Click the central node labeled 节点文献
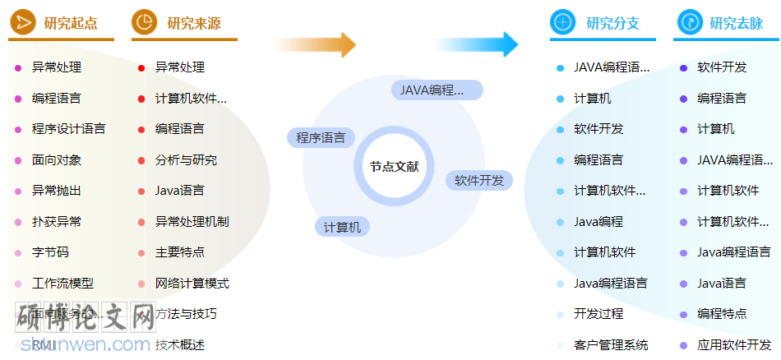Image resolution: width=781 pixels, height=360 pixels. (x=394, y=167)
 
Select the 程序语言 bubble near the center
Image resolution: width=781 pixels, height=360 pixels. (x=321, y=137)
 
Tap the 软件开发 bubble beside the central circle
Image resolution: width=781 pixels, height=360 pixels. (x=479, y=180)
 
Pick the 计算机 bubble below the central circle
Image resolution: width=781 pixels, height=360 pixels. (x=342, y=227)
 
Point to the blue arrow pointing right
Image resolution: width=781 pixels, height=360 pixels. (x=477, y=44)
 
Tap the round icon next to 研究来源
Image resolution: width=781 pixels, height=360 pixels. (x=144, y=22)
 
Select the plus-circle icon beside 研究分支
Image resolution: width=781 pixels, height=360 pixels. (x=562, y=22)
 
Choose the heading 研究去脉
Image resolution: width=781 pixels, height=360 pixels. (x=736, y=23)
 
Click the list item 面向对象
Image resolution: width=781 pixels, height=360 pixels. (x=57, y=160)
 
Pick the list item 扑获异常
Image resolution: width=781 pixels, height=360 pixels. (x=57, y=222)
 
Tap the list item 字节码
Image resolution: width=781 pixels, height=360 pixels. (x=50, y=252)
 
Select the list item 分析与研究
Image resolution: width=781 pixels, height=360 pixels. (x=186, y=160)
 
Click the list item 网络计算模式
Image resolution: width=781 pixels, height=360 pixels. (x=192, y=284)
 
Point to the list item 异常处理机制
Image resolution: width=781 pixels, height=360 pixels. (x=192, y=222)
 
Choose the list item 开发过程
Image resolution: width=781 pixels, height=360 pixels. (x=598, y=314)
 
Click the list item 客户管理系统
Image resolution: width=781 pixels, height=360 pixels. (x=611, y=345)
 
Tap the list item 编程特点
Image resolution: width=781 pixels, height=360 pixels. (x=722, y=314)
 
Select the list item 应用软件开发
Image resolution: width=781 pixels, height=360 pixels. (x=734, y=345)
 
